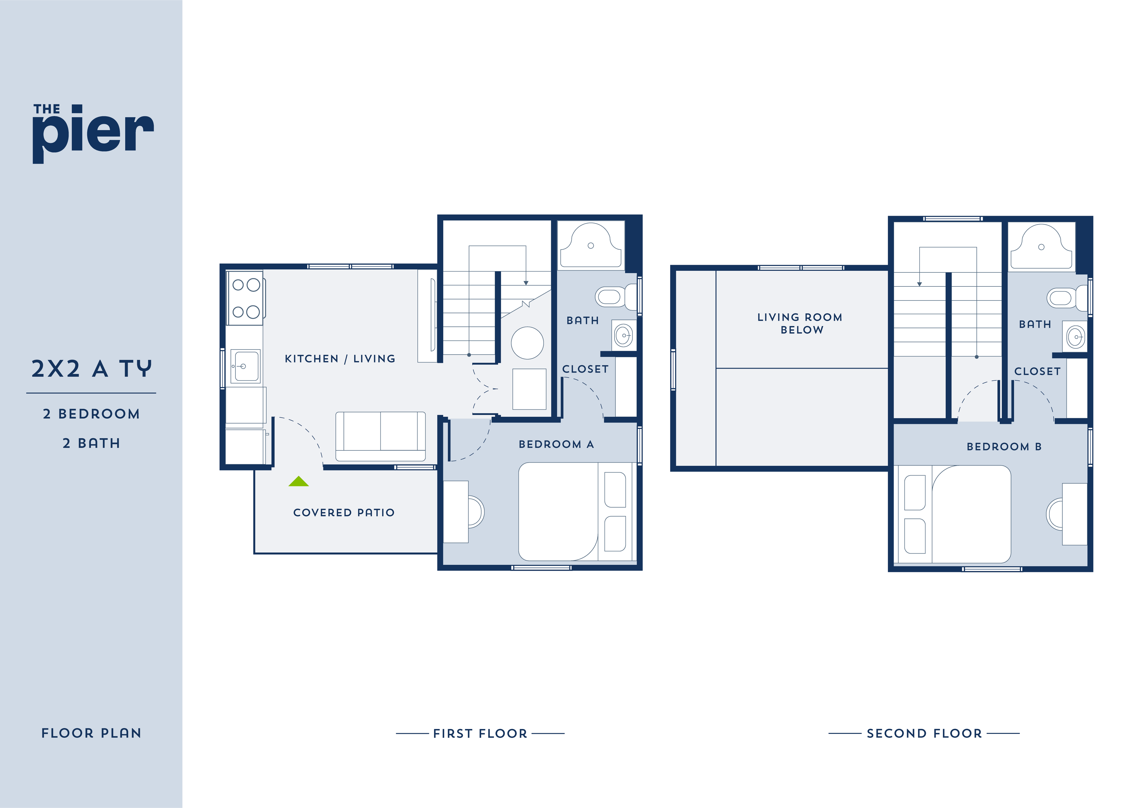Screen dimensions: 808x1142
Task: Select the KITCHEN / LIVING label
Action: [x=340, y=359]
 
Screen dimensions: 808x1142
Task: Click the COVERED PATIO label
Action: [x=344, y=512]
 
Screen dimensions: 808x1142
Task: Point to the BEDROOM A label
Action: [x=556, y=444]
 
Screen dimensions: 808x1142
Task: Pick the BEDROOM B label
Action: [x=1004, y=447]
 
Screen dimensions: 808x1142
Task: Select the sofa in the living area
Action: [x=381, y=436]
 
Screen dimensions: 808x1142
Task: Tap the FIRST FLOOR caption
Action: [x=480, y=733]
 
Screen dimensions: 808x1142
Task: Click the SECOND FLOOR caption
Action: [x=924, y=733]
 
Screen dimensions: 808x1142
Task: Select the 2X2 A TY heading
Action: [x=91, y=369]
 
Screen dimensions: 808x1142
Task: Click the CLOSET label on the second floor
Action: [x=1037, y=372]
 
